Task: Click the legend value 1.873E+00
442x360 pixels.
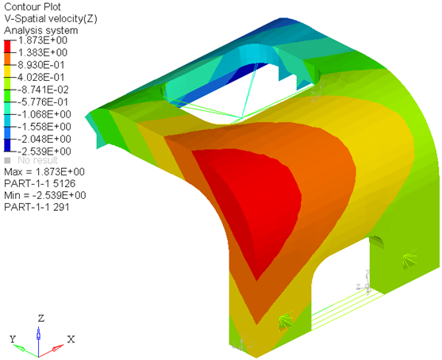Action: [43, 40]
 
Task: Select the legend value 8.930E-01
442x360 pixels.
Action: [41, 65]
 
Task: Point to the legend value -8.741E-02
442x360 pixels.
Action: [43, 90]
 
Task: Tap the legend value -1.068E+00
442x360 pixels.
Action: [44, 114]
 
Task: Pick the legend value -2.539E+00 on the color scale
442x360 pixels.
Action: [44, 151]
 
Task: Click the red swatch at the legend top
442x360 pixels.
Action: [7, 47]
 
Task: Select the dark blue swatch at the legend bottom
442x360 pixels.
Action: [7, 145]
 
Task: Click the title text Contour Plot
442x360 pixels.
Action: [33, 7]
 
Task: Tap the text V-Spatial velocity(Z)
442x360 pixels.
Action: [51, 19]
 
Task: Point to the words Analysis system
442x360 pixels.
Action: [41, 30]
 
